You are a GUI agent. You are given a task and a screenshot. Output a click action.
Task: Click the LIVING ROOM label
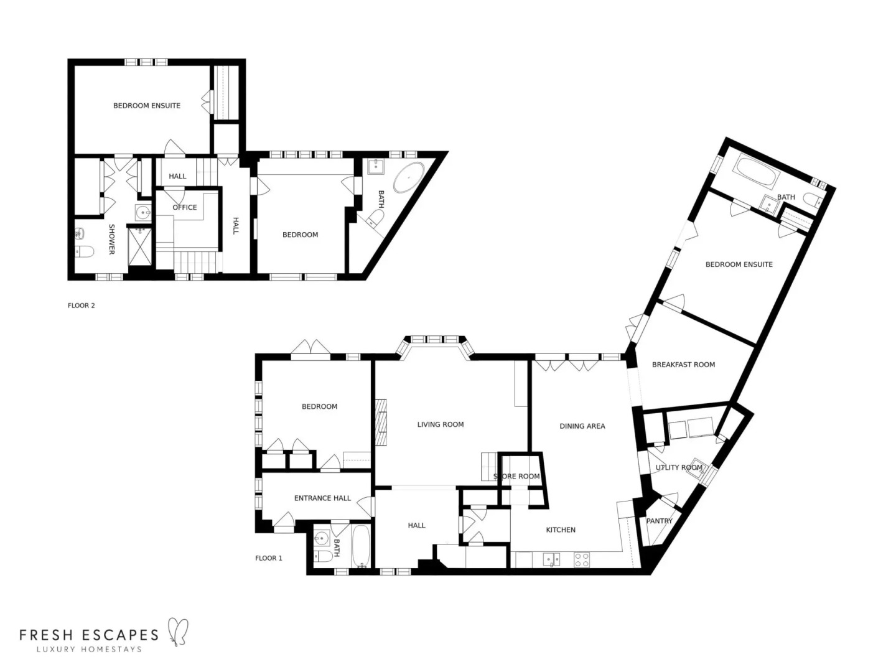tap(440, 424)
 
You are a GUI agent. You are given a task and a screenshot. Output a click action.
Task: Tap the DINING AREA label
tap(582, 426)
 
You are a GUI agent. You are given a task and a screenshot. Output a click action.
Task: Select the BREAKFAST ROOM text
tap(683, 365)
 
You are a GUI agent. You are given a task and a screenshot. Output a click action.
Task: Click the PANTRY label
tap(659, 521)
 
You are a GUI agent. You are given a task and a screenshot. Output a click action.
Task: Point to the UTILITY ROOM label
tap(678, 467)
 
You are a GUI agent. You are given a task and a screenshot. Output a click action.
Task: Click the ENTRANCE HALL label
tap(322, 498)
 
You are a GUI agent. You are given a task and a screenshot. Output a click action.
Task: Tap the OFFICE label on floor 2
tap(184, 207)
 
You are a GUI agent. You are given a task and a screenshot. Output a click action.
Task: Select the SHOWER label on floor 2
tap(112, 240)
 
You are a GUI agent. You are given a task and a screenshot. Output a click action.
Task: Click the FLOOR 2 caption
tap(81, 306)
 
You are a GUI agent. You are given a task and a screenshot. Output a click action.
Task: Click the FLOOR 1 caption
tap(268, 558)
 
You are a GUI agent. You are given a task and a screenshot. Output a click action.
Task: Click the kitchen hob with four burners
tap(581, 560)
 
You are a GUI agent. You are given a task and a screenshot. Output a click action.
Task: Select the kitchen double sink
tap(551, 559)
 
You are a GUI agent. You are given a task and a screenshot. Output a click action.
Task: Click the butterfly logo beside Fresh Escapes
tap(177, 630)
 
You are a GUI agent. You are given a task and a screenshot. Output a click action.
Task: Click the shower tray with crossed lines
tap(140, 247)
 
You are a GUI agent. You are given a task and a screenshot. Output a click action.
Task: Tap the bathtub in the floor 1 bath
tap(361, 546)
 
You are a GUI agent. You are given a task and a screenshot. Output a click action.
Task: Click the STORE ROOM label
tap(516, 477)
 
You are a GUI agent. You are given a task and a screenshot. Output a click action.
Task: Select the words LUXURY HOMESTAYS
tap(89, 650)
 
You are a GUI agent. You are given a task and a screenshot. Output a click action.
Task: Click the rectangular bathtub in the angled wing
tap(756, 173)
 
